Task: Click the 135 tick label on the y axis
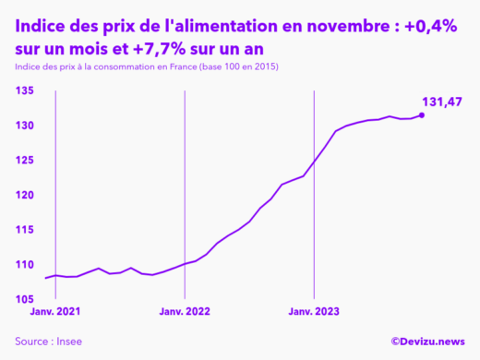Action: click(x=25, y=90)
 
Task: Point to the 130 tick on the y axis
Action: click(x=25, y=126)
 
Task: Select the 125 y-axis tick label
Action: click(x=25, y=161)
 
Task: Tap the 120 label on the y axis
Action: click(x=25, y=196)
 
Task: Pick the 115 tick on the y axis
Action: click(x=25, y=230)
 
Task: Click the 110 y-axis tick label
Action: click(x=25, y=265)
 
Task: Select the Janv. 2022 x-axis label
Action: click(x=185, y=313)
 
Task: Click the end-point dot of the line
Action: click(x=422, y=115)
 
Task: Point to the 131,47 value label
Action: click(x=441, y=102)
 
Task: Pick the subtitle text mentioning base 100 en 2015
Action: click(x=147, y=69)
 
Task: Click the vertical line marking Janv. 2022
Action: click(x=185, y=185)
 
